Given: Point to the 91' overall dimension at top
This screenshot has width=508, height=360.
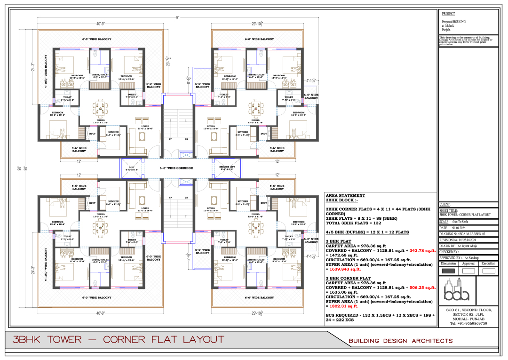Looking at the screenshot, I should click(178, 18).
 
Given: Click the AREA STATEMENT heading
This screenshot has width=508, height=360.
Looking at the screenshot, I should click(345, 195).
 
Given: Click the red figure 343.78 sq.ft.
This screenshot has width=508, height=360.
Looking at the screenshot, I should click(422, 250).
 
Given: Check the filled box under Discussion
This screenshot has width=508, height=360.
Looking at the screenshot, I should click(449, 271).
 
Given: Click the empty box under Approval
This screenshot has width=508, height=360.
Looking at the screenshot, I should click(468, 271).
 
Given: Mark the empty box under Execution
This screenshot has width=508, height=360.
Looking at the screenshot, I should click(488, 271).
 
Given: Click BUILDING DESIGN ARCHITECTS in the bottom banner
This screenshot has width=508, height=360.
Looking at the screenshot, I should click(400, 341).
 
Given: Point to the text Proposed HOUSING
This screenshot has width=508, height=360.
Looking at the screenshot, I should click(453, 22).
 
